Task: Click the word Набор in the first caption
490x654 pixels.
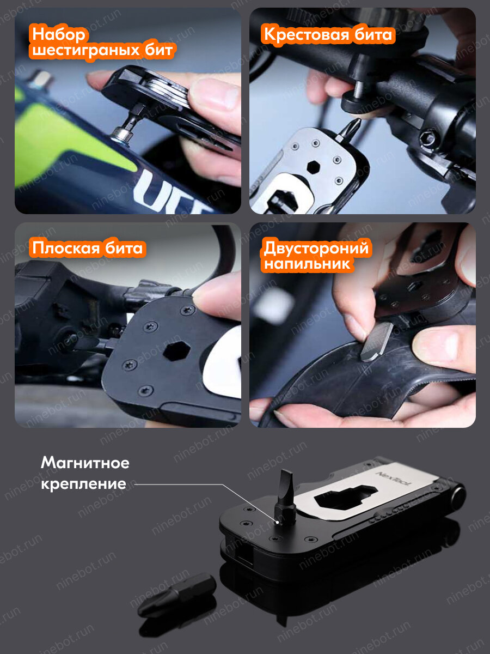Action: [x=59, y=34]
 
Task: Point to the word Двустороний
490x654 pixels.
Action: [x=316, y=249]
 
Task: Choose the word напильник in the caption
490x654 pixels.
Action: [x=307, y=265]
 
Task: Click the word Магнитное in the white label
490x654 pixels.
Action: [x=85, y=463]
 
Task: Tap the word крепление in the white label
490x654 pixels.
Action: [x=83, y=483]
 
